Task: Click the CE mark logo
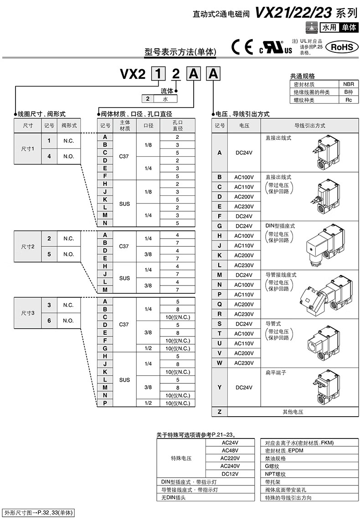coord(242,47)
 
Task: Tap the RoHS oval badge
coord(342,47)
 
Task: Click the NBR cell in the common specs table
coord(349,84)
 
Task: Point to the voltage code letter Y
coord(219,387)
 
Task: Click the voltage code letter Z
coord(219,412)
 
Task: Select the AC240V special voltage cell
coord(230,466)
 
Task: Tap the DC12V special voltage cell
coord(230,474)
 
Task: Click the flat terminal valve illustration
coord(326,387)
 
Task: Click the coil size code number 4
coord(49,156)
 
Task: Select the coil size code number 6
coord(49,321)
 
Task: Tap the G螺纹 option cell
coord(309,466)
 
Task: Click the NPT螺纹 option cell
coord(309,474)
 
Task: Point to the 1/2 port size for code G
coord(148,348)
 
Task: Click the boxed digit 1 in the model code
coord(158,74)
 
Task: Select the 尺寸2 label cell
coord(28,246)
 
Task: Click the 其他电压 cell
coord(293,412)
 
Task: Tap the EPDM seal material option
coord(309,450)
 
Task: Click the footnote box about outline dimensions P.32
coord(38,512)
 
